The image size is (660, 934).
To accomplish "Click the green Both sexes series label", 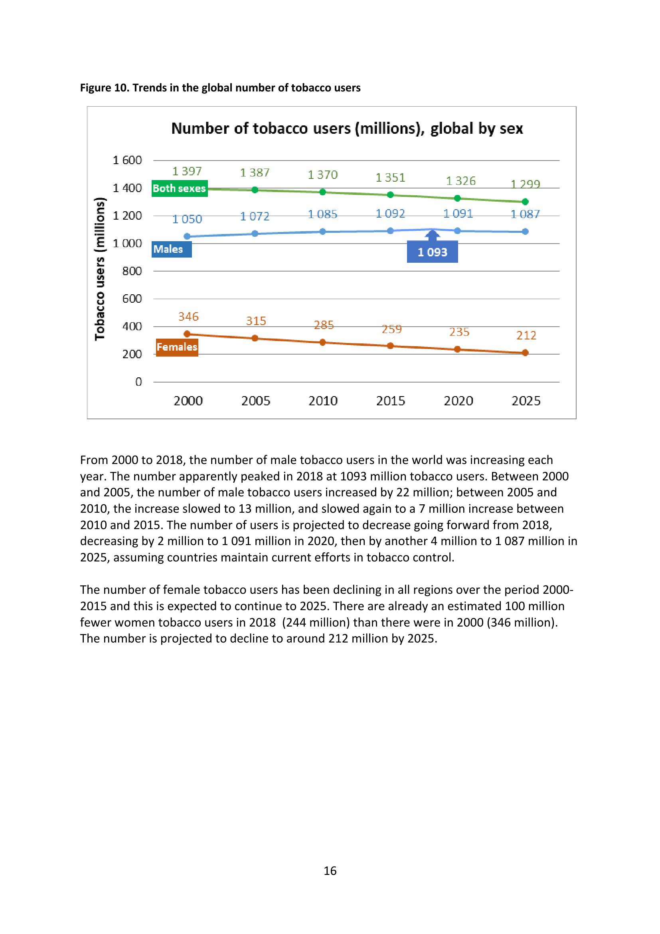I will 179,188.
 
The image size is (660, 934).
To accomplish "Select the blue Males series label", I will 172,249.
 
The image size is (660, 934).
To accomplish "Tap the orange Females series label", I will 177,347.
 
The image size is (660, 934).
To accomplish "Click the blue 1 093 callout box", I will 432,252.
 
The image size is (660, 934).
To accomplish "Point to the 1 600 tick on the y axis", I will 127,160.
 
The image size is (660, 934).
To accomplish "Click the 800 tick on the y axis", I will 132,271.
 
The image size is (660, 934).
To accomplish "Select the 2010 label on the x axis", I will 323,401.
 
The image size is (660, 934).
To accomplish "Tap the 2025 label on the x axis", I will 526,401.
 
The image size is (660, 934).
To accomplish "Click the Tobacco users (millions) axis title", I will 100,269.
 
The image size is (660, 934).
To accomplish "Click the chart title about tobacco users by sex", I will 347,129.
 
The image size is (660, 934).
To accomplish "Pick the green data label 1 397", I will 187,171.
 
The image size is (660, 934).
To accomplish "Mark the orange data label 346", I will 188,317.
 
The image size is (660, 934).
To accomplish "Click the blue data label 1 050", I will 187,219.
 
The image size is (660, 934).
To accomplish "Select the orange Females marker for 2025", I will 525,353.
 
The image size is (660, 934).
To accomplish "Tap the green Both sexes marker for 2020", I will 457,198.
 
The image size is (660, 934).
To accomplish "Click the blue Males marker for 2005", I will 255,234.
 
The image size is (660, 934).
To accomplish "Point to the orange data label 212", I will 526,335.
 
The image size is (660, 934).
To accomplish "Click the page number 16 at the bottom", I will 330,871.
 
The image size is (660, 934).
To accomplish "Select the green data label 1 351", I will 390,178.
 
